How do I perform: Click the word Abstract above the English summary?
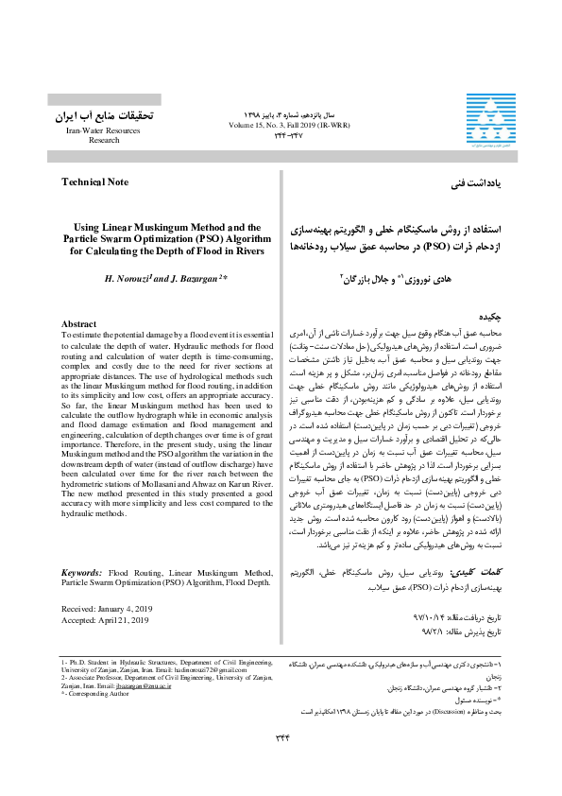[82, 324]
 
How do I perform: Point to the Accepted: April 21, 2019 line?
[106, 568]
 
